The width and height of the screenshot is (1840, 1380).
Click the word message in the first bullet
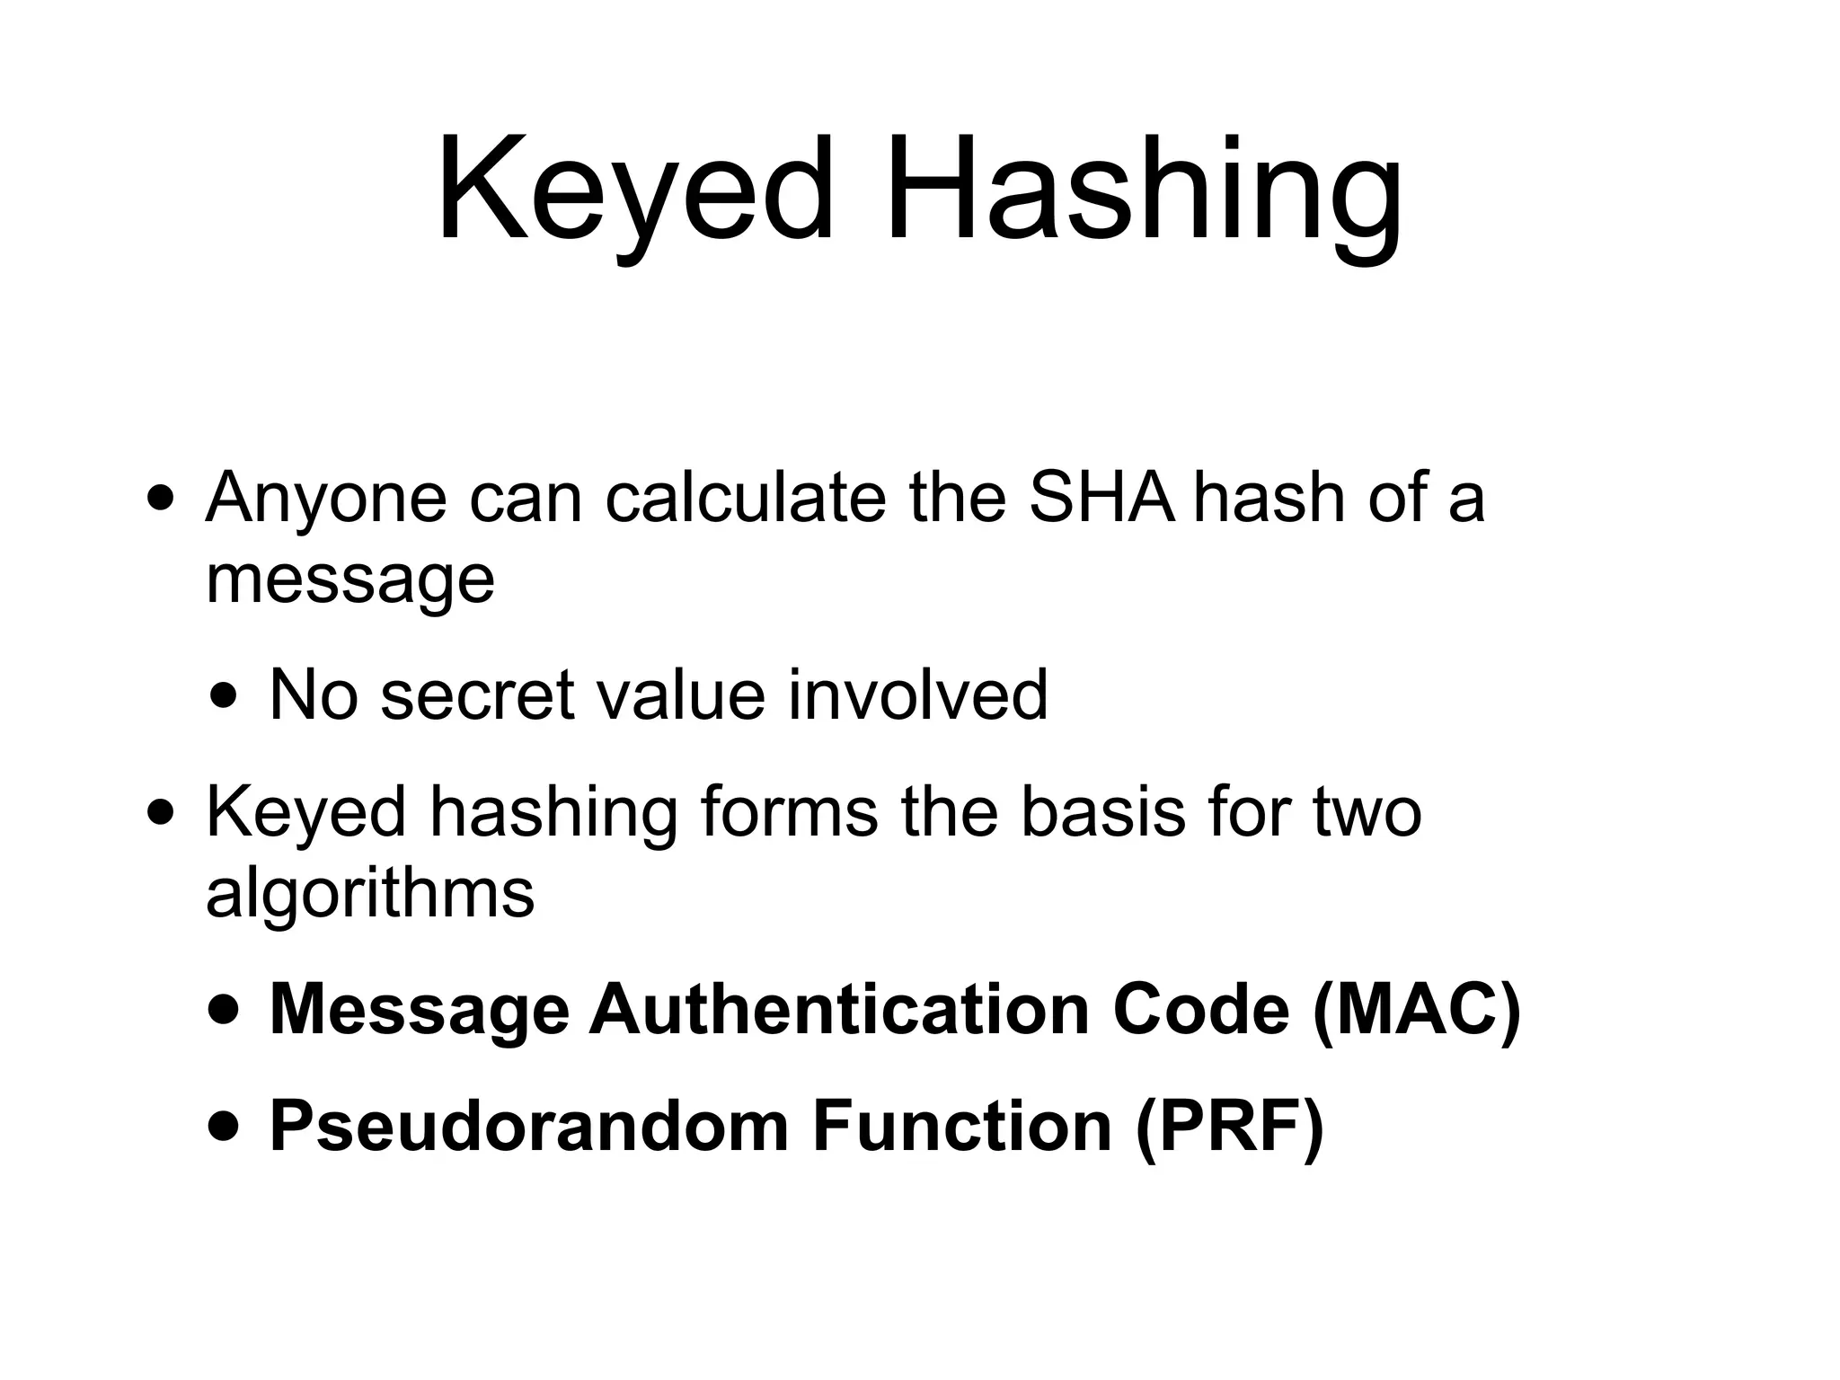tap(350, 579)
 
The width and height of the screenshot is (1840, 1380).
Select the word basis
tap(1101, 811)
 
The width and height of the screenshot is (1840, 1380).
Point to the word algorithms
tap(370, 894)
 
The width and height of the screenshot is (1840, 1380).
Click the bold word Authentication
tap(839, 1010)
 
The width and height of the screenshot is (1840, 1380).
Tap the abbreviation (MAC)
tap(1416, 1010)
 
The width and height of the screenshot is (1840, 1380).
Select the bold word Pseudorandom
tap(529, 1127)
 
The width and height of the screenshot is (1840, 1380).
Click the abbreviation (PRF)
tap(1228, 1127)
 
